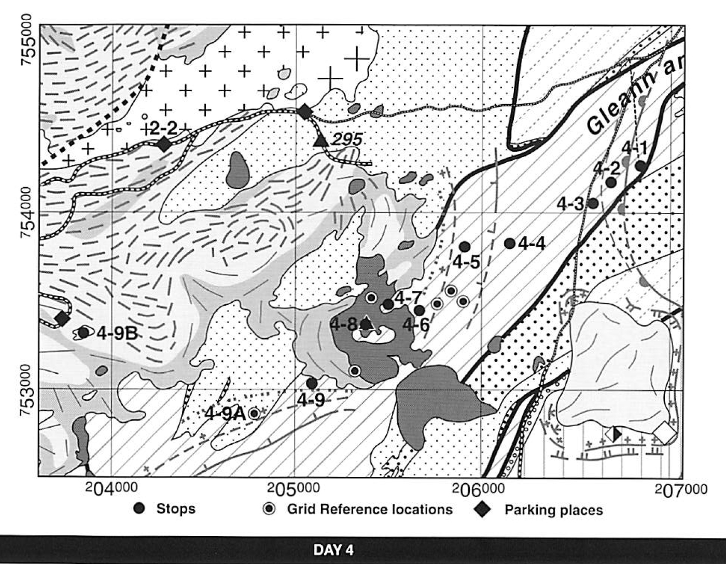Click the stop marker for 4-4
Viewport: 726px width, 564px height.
click(510, 244)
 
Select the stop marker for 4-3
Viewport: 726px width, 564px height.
click(593, 203)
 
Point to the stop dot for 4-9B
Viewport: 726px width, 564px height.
click(83, 333)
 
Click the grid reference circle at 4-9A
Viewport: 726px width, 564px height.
click(254, 414)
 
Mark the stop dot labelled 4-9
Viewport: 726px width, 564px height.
click(312, 384)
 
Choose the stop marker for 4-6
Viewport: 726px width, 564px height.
click(420, 311)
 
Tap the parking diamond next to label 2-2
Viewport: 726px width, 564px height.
click(164, 145)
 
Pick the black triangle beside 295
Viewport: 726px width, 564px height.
click(320, 140)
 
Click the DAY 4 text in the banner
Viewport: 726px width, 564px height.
click(333, 549)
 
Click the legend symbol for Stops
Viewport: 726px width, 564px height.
click(139, 509)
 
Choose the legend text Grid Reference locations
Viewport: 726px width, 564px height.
click(370, 510)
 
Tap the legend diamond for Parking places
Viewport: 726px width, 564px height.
click(483, 510)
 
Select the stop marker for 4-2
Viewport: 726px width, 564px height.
click(611, 182)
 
